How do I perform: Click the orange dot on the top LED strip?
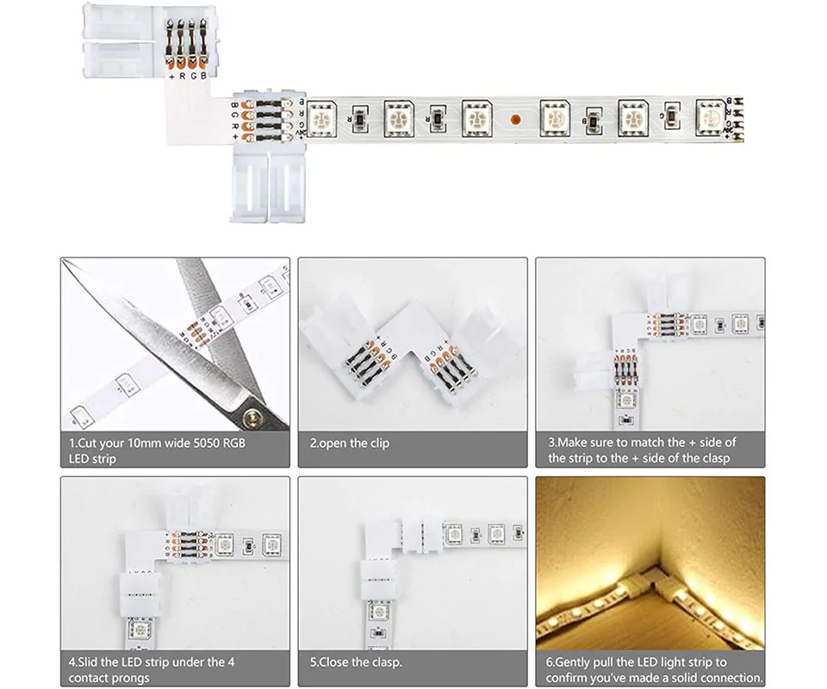(516, 119)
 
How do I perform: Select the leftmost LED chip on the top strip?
(321, 119)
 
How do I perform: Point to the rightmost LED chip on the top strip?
(711, 117)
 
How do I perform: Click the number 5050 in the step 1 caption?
(208, 443)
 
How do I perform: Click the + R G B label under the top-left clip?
(187, 76)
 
